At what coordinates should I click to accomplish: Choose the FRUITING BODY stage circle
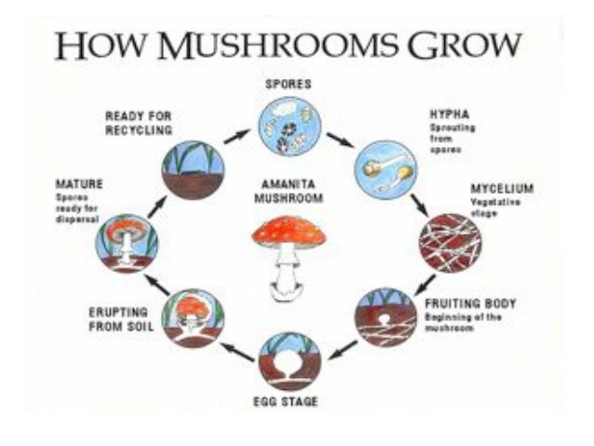[x=386, y=317]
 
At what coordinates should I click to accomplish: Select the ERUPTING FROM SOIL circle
[x=194, y=317]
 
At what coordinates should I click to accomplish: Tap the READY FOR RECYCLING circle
[x=194, y=169]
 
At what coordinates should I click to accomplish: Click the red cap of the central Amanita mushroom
[x=289, y=229]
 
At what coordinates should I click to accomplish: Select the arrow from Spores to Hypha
[x=339, y=140]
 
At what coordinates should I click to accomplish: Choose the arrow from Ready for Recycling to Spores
[x=236, y=136]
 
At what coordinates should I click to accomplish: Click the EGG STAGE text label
[x=290, y=401]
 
